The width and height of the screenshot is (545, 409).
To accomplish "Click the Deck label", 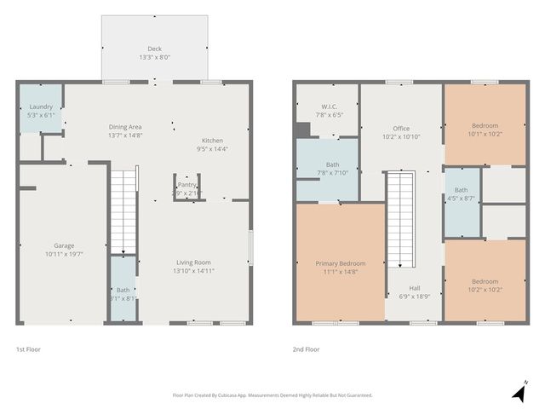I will coord(154,49).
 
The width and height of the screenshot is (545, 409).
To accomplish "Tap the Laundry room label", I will coord(41,107).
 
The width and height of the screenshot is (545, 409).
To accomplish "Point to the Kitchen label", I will coord(212,141).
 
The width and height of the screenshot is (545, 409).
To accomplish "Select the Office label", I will coord(401,128).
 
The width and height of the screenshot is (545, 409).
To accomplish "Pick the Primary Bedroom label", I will coord(340,263).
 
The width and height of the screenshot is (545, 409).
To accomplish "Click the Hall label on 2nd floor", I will coord(415,288).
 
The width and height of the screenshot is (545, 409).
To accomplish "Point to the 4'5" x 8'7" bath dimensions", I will coord(461,199).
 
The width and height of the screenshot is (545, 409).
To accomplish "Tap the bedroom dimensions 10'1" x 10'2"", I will coord(485,133).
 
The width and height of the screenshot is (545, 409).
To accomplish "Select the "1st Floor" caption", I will coord(28,349).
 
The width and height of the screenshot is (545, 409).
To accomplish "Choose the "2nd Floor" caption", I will coord(306,349).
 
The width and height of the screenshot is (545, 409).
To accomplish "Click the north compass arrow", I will coord(519,391).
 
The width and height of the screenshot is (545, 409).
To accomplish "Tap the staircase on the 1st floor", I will coord(124,209).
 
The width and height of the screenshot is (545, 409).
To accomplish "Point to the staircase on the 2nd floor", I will coord(399,217).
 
